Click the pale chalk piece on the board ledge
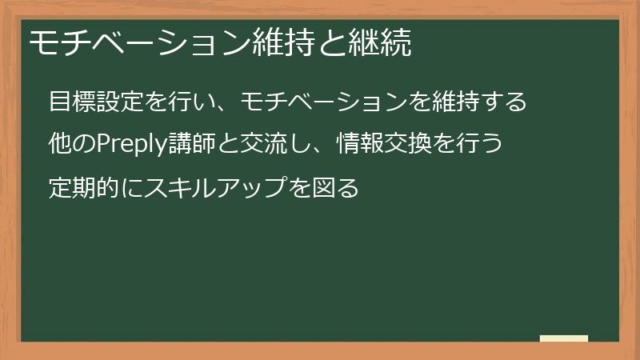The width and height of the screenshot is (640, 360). tap(564, 338)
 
